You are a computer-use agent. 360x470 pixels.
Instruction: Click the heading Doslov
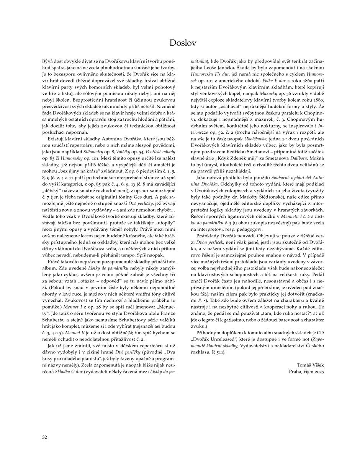183,43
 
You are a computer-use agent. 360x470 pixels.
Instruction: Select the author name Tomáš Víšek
310,365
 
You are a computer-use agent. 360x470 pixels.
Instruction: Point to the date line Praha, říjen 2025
306,371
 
